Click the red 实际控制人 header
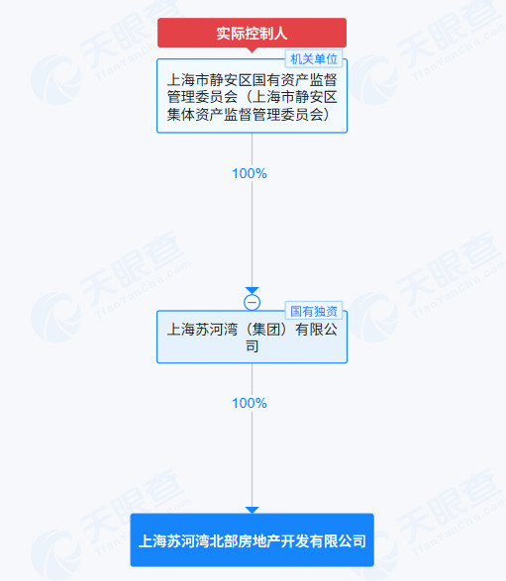[252, 33]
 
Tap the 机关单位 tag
[314, 59]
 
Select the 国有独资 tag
[314, 311]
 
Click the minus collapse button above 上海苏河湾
[253, 302]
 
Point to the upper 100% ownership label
[250, 173]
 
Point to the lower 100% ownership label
[250, 403]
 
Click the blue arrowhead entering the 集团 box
[253, 290]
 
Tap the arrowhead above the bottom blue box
[253, 510]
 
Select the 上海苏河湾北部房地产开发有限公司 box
[253, 539]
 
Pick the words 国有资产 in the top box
[280, 79]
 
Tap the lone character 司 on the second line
[253, 346]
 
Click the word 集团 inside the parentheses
[266, 329]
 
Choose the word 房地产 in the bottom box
[253, 541]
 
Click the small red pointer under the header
[253, 50]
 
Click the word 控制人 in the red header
[266, 34]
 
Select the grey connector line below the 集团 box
[253, 436]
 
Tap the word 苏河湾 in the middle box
[217, 329]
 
